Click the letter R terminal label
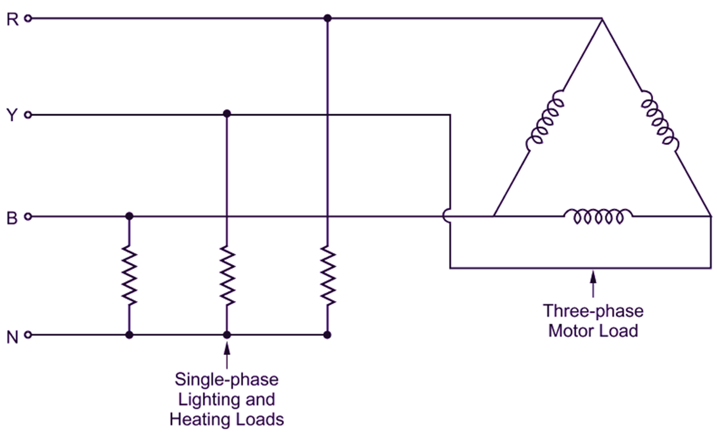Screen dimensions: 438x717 point(12,20)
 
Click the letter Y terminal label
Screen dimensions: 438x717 point(12,115)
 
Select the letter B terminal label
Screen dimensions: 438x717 point(12,218)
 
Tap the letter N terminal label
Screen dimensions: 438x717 point(12,337)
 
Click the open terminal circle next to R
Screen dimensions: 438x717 point(28,19)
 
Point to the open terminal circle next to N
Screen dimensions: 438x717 point(28,335)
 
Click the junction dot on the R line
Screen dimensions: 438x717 point(327,19)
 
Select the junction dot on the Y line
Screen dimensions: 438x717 point(227,114)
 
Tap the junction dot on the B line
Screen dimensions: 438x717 point(129,217)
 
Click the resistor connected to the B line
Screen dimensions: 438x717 point(129,275)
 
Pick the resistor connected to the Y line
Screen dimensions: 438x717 point(227,275)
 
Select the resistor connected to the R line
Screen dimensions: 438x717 point(327,275)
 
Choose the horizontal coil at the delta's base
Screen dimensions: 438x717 point(598,217)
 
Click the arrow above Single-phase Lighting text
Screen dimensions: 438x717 point(227,353)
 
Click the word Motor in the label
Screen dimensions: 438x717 point(573,331)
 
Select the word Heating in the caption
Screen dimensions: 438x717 point(204,418)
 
